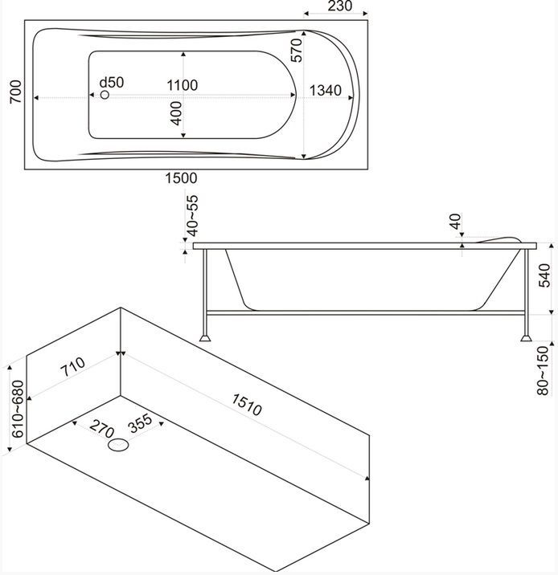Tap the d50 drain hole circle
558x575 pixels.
[105, 96]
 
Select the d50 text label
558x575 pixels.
[111, 82]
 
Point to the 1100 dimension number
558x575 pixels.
[183, 85]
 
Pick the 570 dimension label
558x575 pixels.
[296, 51]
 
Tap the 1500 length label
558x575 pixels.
[181, 177]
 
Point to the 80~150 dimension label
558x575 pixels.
[544, 370]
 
